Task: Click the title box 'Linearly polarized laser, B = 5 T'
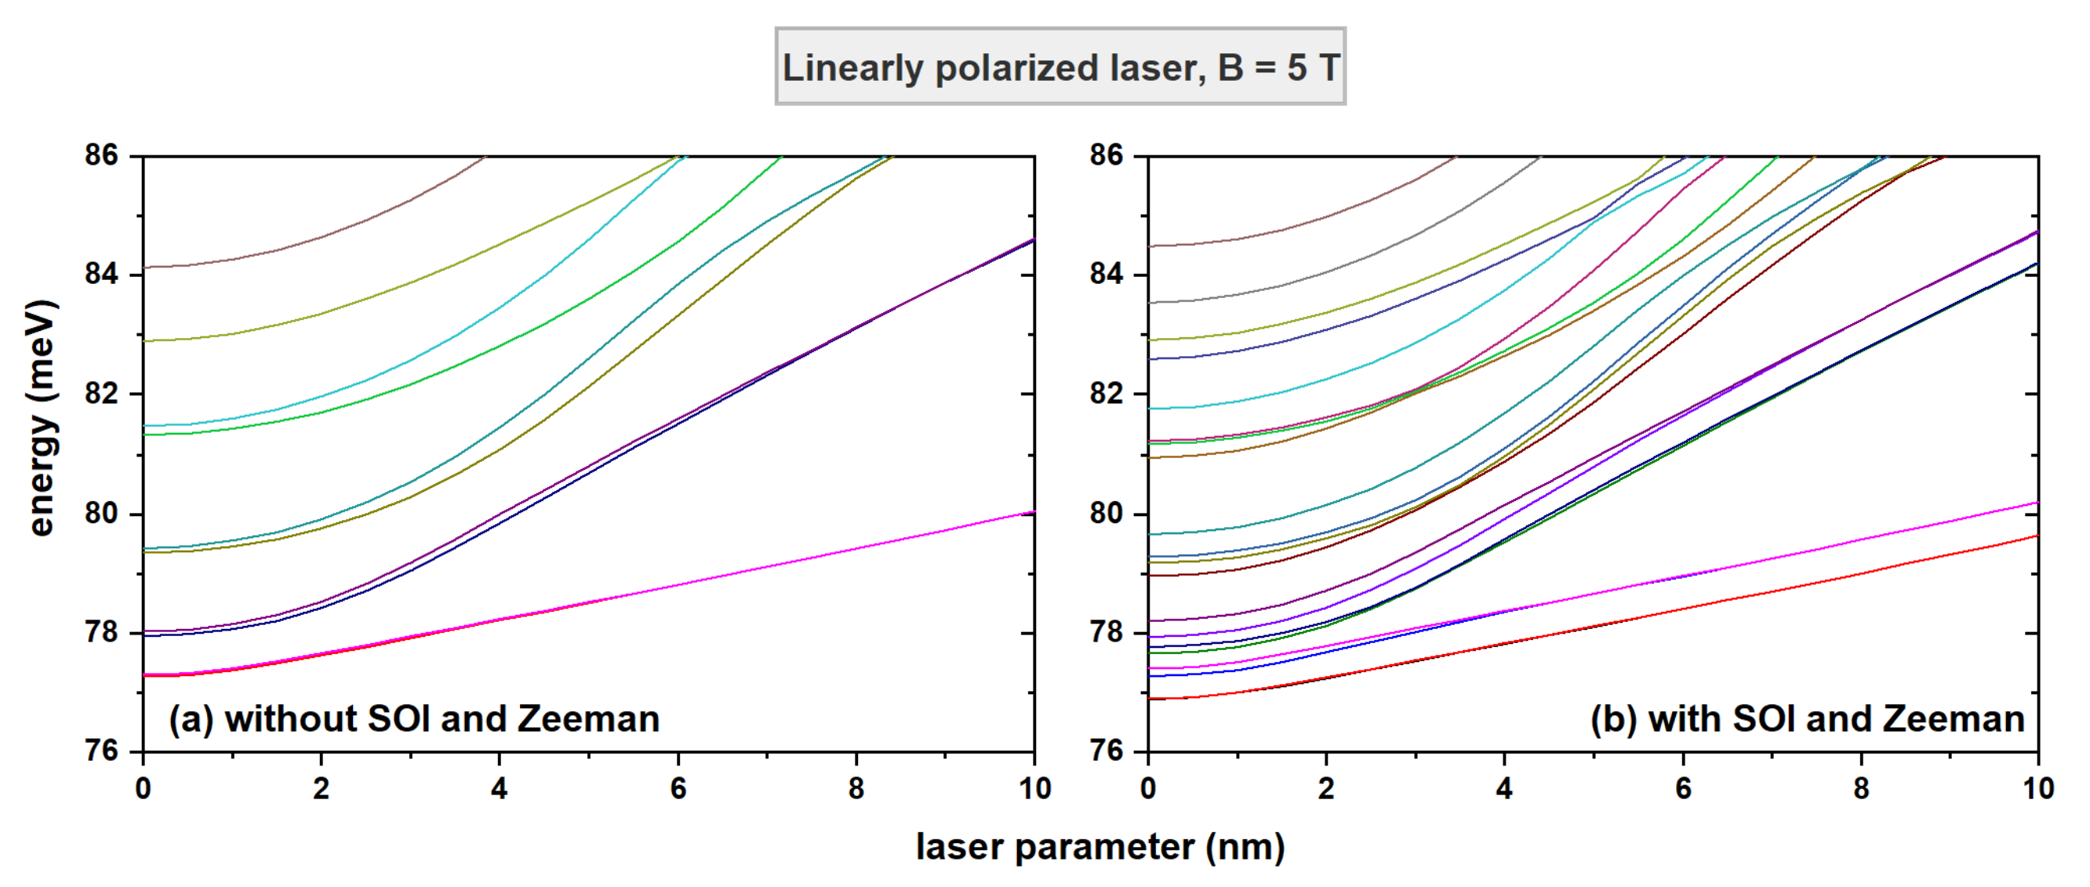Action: [1060, 67]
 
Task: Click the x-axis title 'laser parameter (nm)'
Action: [1100, 846]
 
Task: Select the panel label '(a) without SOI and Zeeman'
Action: [414, 719]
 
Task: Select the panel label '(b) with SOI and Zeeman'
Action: [1807, 719]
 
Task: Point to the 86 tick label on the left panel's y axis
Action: [101, 154]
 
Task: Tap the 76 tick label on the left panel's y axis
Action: [101, 751]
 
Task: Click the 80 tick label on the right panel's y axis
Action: [1107, 513]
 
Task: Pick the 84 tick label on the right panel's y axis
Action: [1107, 274]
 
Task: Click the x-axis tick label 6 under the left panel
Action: [678, 788]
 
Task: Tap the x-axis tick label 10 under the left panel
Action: [1034, 788]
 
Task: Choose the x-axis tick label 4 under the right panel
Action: [1504, 788]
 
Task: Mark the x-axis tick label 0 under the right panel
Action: [1148, 788]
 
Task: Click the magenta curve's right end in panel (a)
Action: [1032, 513]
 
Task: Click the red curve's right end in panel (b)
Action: [2037, 536]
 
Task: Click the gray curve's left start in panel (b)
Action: [1151, 303]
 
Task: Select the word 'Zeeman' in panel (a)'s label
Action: [587, 719]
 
